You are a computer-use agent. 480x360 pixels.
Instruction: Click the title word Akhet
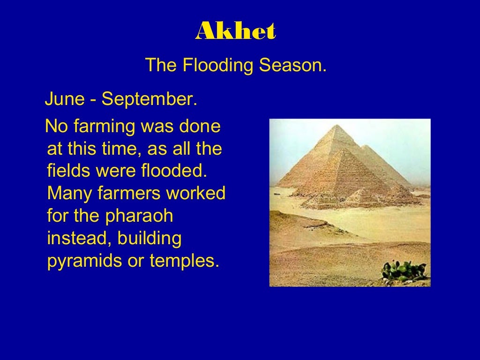point(235,31)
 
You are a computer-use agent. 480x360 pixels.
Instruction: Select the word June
point(65,99)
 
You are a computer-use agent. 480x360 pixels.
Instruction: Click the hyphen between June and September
point(94,100)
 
